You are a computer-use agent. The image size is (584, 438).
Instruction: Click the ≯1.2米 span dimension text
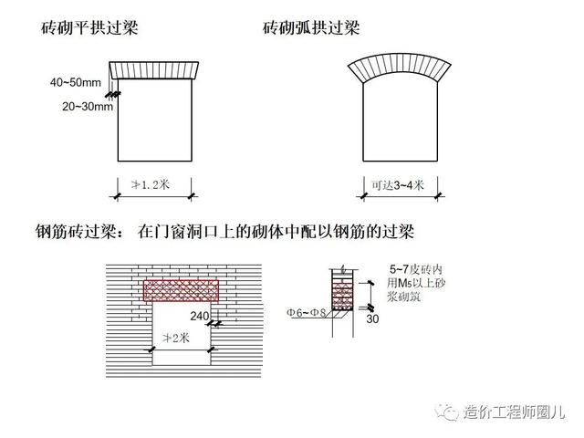[x=151, y=185]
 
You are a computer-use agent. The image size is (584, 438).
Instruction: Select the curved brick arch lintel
[x=393, y=70]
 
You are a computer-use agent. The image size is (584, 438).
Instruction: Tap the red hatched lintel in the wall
[x=183, y=289]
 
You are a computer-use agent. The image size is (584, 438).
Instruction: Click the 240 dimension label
[x=201, y=316]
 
